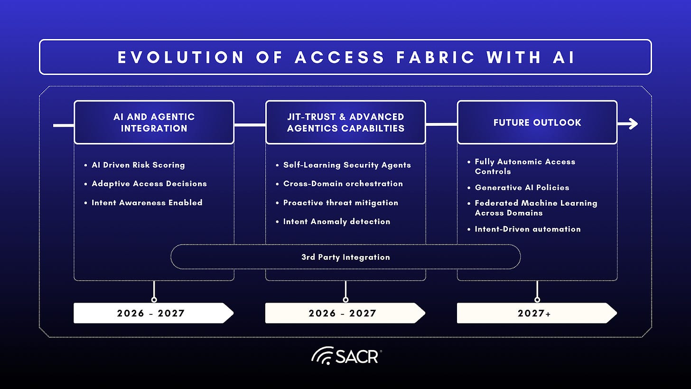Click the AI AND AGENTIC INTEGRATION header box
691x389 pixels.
click(x=154, y=122)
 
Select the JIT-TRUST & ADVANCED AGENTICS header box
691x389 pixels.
click(x=345, y=122)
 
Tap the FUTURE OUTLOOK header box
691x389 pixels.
click(x=537, y=122)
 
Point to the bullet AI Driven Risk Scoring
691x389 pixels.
click(x=138, y=165)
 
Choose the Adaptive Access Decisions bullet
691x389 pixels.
click(x=149, y=184)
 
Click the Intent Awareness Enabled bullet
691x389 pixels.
click(x=147, y=203)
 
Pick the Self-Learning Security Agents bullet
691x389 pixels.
click(x=347, y=165)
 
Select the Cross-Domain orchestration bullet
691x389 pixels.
click(x=343, y=184)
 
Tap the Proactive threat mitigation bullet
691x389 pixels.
click(x=340, y=203)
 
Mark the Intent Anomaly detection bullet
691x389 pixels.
click(x=336, y=221)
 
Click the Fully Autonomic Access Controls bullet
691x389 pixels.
click(x=524, y=166)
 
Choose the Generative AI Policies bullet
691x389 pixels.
click(x=522, y=188)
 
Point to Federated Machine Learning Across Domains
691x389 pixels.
click(x=535, y=208)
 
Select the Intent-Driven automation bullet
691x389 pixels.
click(x=527, y=229)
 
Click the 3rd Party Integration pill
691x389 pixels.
click(x=345, y=257)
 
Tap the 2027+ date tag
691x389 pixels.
click(x=534, y=313)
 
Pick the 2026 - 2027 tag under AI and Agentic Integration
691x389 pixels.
click(x=151, y=313)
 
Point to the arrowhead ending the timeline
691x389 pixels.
click(x=633, y=124)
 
